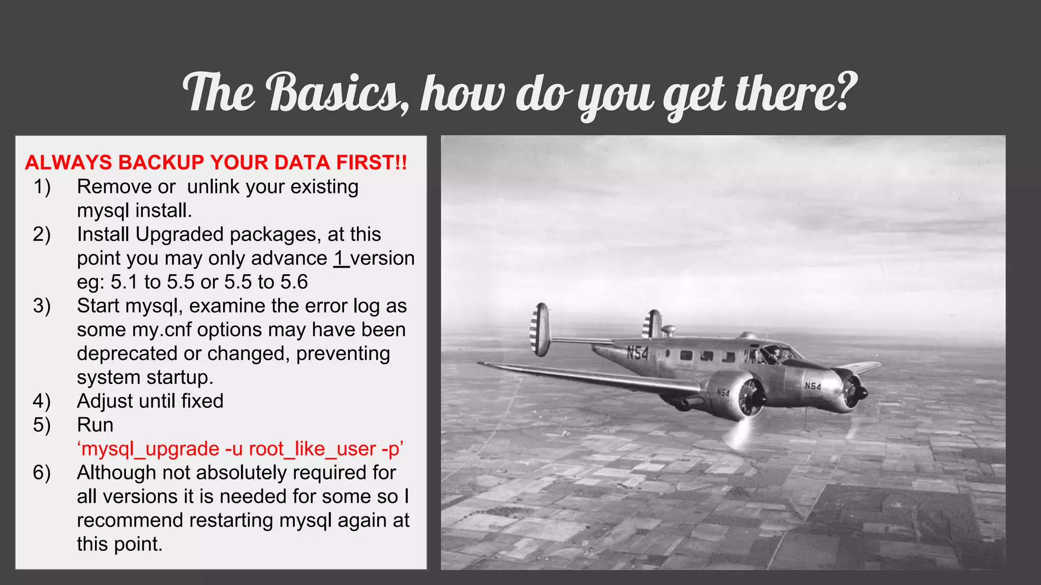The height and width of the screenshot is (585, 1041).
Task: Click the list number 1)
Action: (x=42, y=187)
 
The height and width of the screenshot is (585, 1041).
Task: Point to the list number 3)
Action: (x=42, y=306)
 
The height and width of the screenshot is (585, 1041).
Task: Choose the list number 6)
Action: (x=42, y=473)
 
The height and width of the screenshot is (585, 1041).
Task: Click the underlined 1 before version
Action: (x=340, y=258)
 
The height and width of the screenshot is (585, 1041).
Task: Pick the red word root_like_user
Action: (x=312, y=449)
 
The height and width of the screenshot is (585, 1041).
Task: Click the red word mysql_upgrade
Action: (x=150, y=449)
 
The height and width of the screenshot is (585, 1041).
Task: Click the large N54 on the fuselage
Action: (x=637, y=352)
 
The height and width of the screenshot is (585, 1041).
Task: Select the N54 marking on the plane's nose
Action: (x=813, y=386)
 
